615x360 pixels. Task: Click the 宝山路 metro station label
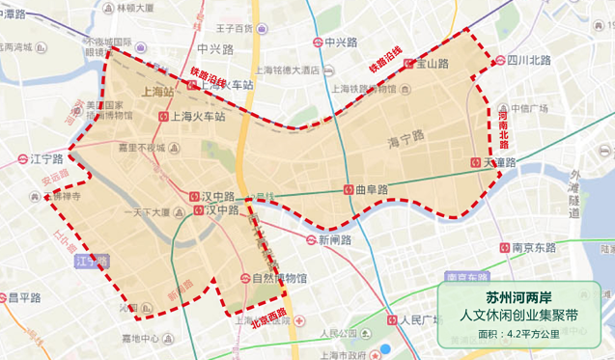pos(433,63)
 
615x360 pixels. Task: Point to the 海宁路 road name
pos(406,138)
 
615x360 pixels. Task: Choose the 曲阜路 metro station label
pos(371,189)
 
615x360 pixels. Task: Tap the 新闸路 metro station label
pos(330,239)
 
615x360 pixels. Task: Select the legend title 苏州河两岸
pos(522,296)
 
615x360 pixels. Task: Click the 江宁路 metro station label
pos(45,158)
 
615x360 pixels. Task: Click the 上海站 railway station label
pos(156,93)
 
